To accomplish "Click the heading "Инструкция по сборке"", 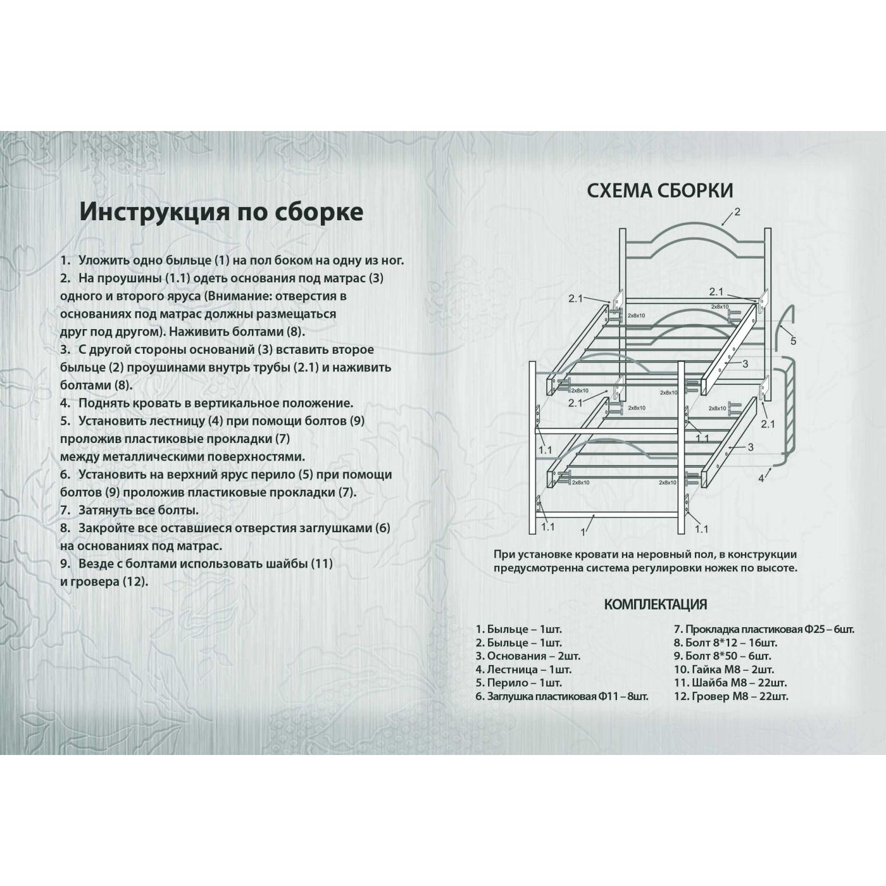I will coord(221,211).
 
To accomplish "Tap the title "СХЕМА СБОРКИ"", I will coord(660,190).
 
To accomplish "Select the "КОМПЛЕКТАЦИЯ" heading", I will coord(655,604).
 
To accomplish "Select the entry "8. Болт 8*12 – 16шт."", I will coord(725,642).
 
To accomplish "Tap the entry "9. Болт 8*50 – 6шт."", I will coord(722,656).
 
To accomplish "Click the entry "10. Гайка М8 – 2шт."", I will coord(723,669).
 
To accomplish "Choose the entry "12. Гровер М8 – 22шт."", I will coord(731,696).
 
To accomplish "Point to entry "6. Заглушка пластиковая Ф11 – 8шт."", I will coord(562,696).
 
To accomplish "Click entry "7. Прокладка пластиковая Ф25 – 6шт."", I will coord(764,629).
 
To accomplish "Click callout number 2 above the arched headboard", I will coord(737,212).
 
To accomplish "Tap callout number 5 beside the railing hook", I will coord(793,341).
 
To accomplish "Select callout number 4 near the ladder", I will coord(761,478).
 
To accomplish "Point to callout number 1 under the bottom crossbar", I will coord(583,532).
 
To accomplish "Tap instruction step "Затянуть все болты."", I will coord(138,510).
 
